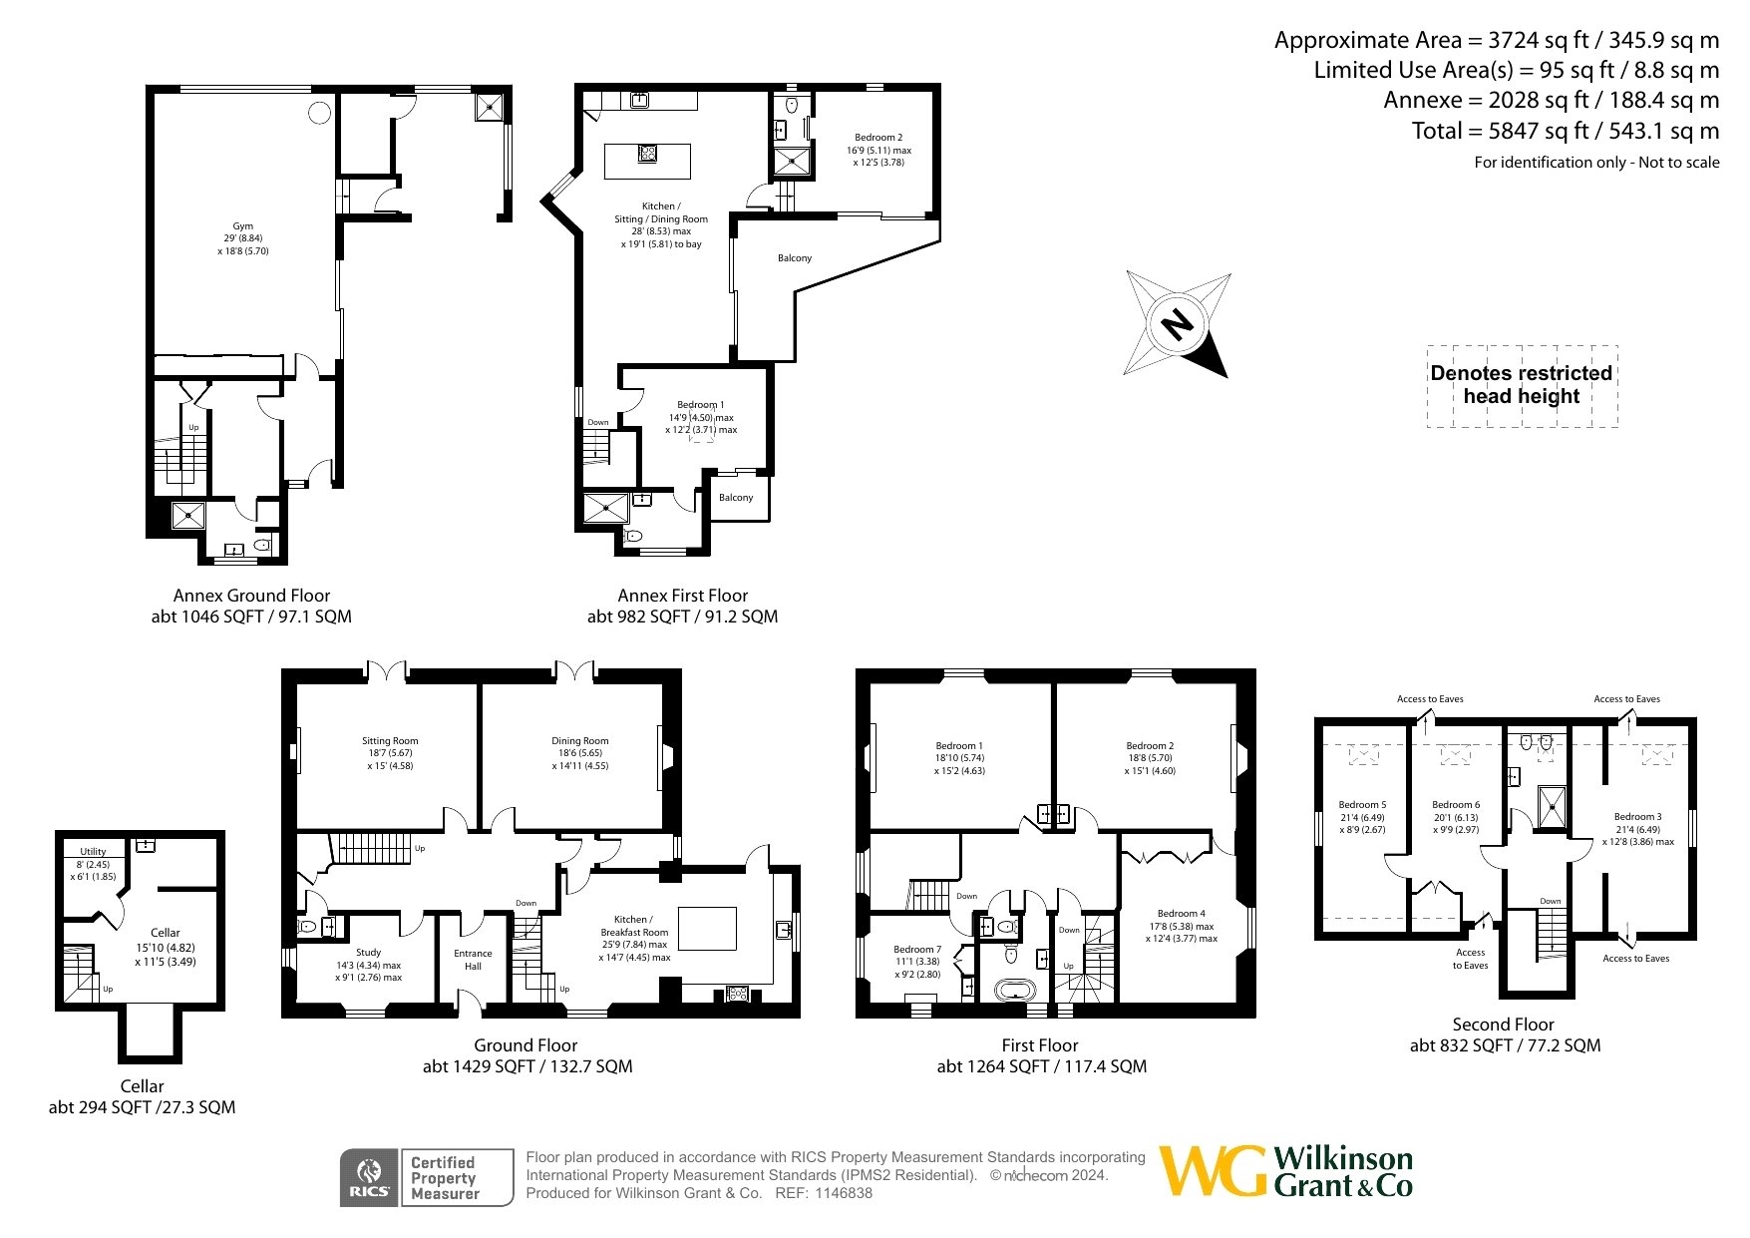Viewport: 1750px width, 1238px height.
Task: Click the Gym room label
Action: click(243, 226)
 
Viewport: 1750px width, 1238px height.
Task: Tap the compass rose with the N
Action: click(1178, 323)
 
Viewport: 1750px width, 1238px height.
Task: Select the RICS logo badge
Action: click(369, 1178)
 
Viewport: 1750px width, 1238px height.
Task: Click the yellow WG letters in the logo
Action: click(1213, 1171)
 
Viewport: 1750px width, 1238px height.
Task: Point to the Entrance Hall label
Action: click(474, 960)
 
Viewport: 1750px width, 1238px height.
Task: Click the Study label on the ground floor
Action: click(369, 953)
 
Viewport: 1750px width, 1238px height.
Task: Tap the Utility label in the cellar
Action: click(93, 852)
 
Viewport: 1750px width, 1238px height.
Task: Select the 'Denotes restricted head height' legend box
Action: click(1522, 386)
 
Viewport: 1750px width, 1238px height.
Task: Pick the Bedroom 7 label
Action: click(917, 950)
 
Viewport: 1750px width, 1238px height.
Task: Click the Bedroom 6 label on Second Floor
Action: click(1456, 805)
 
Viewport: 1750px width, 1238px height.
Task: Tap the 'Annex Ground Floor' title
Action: click(251, 596)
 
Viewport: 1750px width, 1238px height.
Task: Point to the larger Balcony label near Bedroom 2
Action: click(795, 258)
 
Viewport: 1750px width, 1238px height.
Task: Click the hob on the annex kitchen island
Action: click(647, 153)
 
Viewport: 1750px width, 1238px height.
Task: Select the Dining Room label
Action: click(580, 741)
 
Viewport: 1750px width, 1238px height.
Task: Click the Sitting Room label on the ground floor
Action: click(390, 741)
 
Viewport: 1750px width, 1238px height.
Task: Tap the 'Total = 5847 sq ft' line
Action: click(1566, 131)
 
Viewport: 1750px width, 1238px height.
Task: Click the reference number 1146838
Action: click(844, 1193)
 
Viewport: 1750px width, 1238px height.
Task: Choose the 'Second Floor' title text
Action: click(1503, 1025)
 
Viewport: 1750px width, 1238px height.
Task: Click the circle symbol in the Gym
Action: click(319, 113)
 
